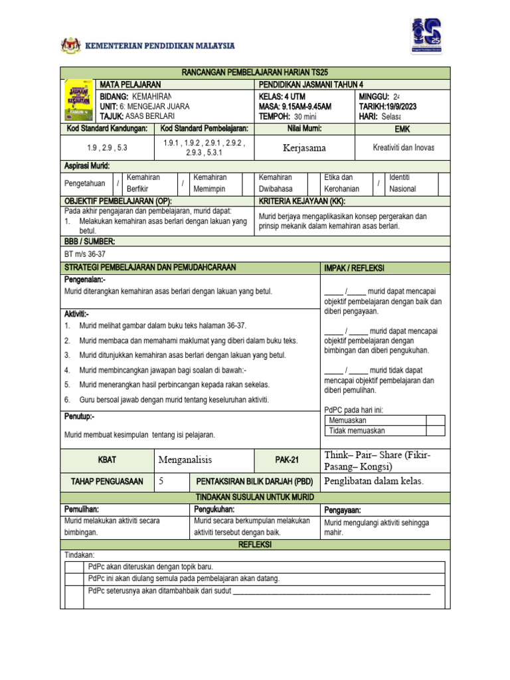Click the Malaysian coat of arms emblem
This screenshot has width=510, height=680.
click(x=70, y=46)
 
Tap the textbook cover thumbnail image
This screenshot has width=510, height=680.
click(x=78, y=100)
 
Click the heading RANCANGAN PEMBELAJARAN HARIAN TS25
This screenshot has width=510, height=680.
click(x=255, y=72)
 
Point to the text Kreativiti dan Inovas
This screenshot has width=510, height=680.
click(x=403, y=147)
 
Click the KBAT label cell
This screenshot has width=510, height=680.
click(x=107, y=460)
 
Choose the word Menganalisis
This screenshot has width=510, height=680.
click(x=189, y=460)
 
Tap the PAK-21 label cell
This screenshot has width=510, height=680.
click(x=288, y=460)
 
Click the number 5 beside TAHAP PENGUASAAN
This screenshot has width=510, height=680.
click(x=161, y=481)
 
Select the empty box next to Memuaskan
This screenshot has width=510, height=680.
click(x=435, y=420)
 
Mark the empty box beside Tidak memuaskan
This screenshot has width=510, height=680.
click(x=435, y=430)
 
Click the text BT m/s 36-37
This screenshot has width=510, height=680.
click(x=84, y=254)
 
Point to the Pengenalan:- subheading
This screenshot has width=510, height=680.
click(x=85, y=280)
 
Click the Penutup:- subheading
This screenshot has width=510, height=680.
click(x=79, y=417)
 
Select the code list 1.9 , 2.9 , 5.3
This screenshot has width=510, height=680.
click(x=107, y=148)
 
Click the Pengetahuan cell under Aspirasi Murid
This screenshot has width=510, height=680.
click(x=85, y=184)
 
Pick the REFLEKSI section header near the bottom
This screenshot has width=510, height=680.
click(x=255, y=545)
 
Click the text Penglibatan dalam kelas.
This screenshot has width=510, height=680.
click(x=373, y=481)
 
